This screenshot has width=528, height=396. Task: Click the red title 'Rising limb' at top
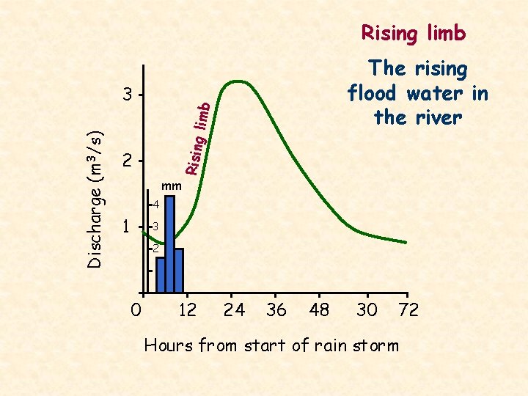tap(413, 33)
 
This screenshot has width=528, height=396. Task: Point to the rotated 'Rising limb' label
tap(198, 139)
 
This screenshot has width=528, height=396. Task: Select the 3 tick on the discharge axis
tap(128, 95)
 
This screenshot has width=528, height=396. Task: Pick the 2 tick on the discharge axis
tap(128, 161)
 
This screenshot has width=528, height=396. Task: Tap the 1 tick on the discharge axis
tap(128, 227)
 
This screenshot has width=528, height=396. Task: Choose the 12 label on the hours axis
tap(188, 310)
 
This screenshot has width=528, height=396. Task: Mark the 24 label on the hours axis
tap(234, 310)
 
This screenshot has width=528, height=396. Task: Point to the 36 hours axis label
tap(276, 310)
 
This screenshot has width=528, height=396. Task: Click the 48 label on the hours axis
tap(320, 310)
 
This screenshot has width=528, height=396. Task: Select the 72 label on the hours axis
tap(408, 310)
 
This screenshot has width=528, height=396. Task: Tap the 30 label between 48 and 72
tap(367, 310)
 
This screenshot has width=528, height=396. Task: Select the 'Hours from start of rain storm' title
tap(271, 345)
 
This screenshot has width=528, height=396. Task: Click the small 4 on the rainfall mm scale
tap(155, 204)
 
